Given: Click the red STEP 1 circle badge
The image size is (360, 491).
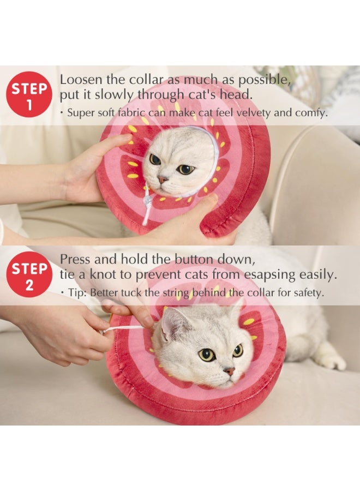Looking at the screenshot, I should (x=29, y=94).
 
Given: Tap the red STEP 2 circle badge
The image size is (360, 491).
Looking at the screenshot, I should (x=29, y=274).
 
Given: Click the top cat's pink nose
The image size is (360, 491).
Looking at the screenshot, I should (x=163, y=179).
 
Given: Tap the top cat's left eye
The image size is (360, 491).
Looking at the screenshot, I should (x=155, y=159).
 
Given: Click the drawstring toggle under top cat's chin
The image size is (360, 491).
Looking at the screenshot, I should (x=148, y=201).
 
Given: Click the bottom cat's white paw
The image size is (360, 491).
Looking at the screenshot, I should (x=331, y=361).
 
